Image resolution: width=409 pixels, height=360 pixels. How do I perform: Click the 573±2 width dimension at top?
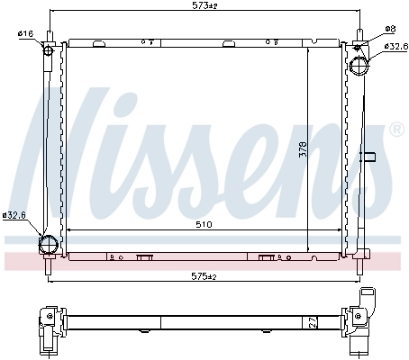coord(205,7)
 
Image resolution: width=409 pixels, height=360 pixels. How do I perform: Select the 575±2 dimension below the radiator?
coord(205,276)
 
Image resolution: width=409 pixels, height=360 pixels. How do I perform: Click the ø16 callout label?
coord(24,33)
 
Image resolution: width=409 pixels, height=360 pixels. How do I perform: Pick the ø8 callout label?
coord(389,29)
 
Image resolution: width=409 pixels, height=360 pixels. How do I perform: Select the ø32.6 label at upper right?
coord(393,46)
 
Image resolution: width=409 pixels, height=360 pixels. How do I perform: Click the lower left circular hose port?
coord(48,244)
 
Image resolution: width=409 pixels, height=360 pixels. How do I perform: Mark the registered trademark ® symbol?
coord(395,131)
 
